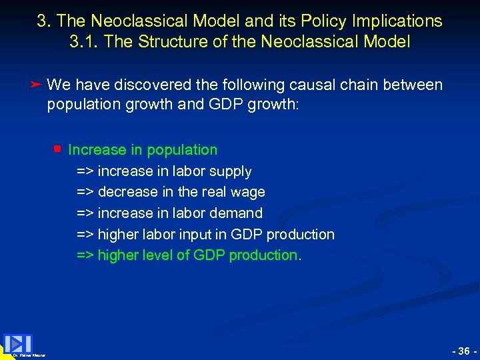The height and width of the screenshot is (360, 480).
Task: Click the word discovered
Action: [x=151, y=85]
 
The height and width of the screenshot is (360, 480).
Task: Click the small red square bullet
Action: [x=58, y=149]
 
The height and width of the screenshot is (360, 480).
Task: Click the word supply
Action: [x=230, y=171]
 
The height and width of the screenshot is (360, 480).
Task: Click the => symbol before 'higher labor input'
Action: [x=85, y=235]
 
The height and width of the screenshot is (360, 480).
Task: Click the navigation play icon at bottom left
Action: [x=18, y=343]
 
